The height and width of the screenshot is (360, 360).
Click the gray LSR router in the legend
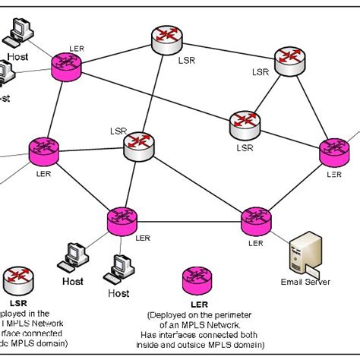(x=17, y=278)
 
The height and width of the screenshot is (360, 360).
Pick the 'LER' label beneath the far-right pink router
(x=333, y=173)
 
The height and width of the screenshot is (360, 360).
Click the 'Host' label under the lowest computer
(x=118, y=292)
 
